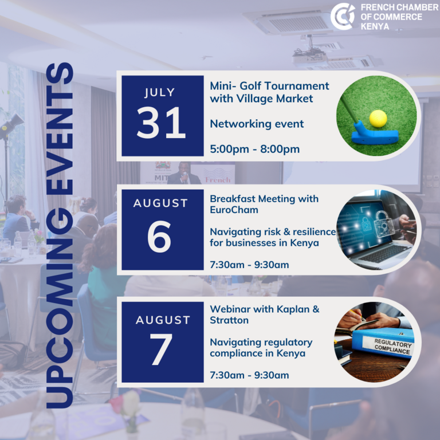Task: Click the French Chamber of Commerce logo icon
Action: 343,16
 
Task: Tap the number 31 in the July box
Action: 162,123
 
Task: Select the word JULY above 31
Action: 160,93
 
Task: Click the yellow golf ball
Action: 378,119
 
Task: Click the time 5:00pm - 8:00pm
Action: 255,149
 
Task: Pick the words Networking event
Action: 257,124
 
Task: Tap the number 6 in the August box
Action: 159,236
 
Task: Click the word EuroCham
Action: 234,210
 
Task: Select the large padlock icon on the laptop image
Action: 381,223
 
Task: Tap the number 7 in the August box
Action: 161,349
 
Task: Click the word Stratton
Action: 229,320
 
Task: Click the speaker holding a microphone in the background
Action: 184,174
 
